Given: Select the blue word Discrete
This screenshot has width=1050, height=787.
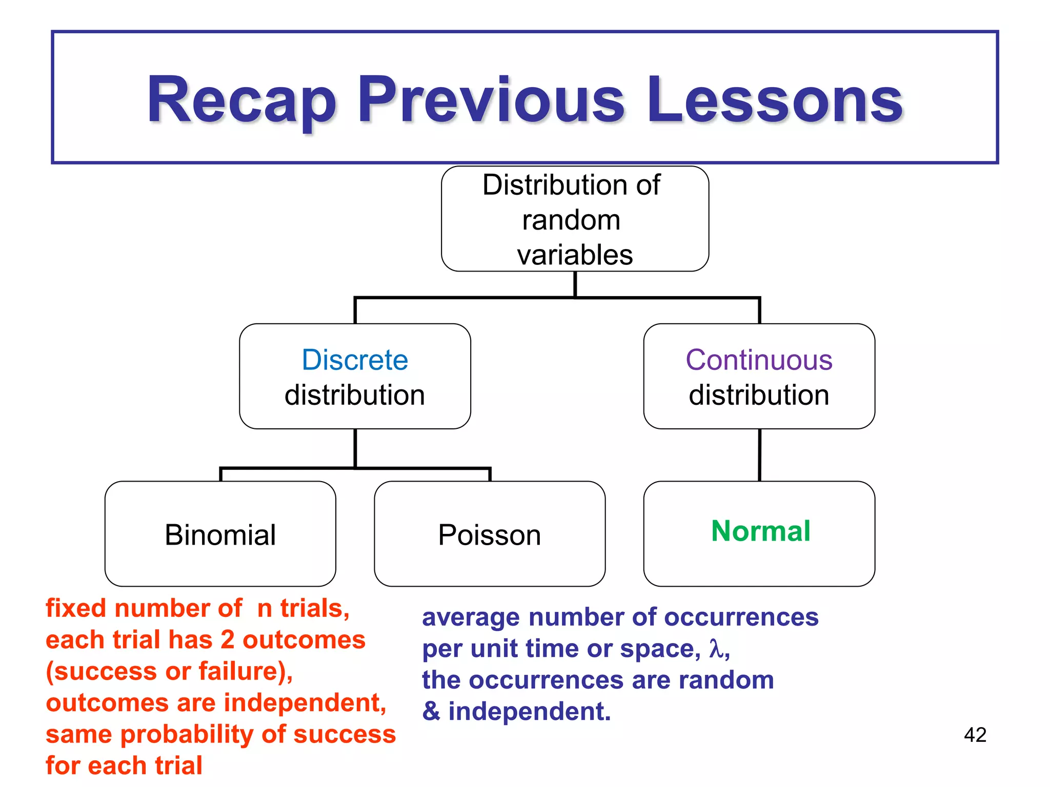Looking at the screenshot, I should tap(355, 360).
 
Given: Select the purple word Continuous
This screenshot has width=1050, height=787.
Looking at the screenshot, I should tap(759, 360).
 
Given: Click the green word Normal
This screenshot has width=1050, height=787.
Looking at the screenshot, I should tap(760, 531).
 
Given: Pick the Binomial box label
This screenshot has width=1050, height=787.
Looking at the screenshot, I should tap(220, 535).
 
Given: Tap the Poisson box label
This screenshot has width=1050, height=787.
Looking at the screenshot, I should tap(490, 535).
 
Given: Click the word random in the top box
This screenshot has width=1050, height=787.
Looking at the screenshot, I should tap(571, 220).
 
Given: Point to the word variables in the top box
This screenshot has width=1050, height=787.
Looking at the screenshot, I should tap(575, 255).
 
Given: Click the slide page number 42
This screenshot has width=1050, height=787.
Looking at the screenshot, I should tap(975, 735).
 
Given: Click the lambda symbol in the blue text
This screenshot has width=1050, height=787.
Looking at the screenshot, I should tap(716, 649).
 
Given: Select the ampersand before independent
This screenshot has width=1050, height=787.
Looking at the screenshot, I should tap(431, 711).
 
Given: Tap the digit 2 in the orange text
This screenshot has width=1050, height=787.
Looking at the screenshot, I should tap(227, 640).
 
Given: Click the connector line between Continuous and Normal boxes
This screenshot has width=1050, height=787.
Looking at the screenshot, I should tap(759, 455).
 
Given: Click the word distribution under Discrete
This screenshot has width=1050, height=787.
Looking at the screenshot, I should tap(355, 395).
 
